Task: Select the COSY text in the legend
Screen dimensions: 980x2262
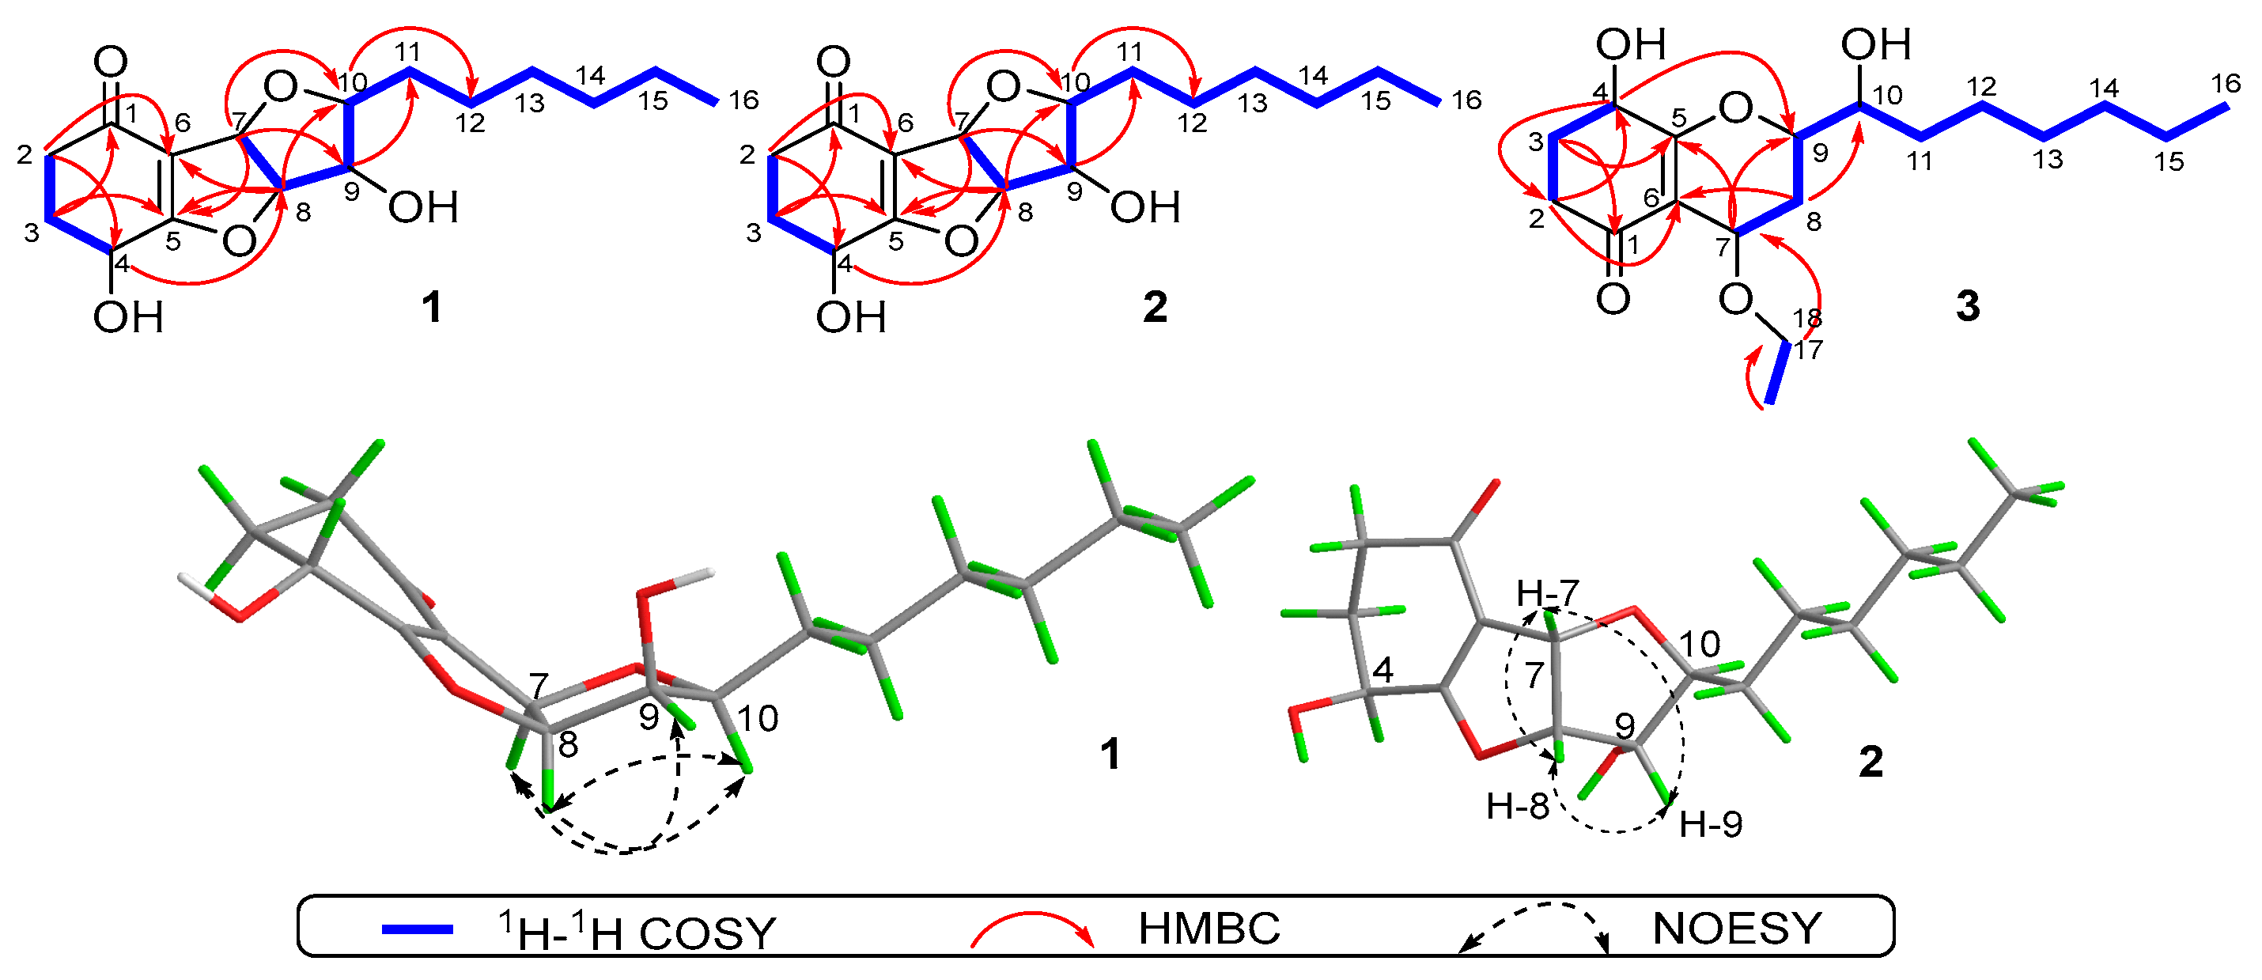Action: tap(707, 933)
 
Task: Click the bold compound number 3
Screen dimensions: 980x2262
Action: tap(1967, 306)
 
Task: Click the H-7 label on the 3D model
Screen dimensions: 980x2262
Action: tap(1547, 595)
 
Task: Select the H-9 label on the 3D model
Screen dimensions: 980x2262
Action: tap(1710, 824)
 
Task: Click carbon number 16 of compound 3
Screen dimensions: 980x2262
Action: tap(2226, 85)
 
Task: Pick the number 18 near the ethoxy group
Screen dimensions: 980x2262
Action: tap(1807, 318)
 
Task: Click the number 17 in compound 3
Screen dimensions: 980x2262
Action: tap(1809, 350)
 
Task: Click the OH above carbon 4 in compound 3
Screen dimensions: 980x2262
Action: tap(1630, 44)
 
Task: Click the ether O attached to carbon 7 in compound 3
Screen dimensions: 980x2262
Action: tap(1736, 300)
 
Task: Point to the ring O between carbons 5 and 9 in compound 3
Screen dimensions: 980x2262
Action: tap(1735, 109)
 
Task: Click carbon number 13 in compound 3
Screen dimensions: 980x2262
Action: tap(2048, 160)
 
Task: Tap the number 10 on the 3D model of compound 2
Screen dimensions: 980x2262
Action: tap(1699, 645)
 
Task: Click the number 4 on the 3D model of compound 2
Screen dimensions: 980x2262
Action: tap(1383, 672)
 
